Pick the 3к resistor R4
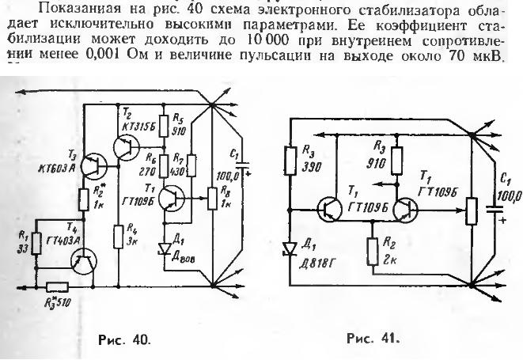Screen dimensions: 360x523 tap(119, 213)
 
